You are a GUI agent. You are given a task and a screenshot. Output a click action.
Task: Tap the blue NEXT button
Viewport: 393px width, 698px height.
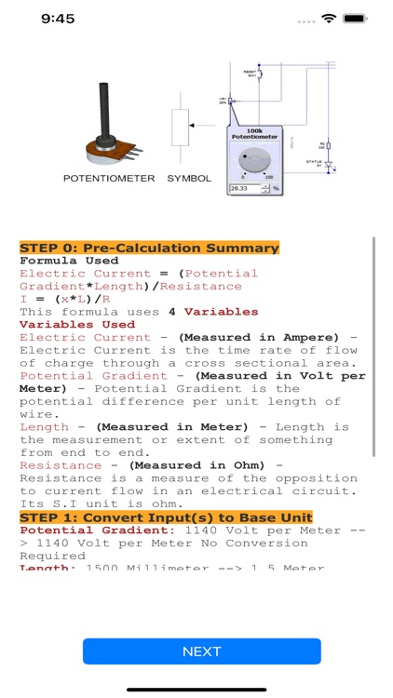(x=201, y=651)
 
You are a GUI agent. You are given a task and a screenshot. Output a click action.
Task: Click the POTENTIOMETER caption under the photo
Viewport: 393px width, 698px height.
(x=109, y=177)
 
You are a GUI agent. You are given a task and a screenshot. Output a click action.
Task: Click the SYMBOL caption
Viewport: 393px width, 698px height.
(x=189, y=177)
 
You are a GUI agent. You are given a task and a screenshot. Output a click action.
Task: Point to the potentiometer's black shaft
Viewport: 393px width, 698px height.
(x=102, y=110)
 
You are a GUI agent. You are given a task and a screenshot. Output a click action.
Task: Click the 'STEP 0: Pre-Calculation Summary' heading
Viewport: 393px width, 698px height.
(x=149, y=248)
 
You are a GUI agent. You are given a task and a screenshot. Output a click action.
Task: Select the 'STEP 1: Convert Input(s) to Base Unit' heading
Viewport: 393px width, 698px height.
(x=166, y=517)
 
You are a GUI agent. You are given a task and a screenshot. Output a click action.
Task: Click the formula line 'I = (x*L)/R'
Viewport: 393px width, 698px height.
(x=72, y=299)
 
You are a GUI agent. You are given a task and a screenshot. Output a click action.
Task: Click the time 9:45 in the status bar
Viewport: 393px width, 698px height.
(x=58, y=19)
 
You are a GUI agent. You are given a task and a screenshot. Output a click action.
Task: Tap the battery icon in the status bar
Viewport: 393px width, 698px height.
(x=356, y=19)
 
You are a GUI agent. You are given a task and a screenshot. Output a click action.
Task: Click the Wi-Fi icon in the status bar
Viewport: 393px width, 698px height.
(x=328, y=19)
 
